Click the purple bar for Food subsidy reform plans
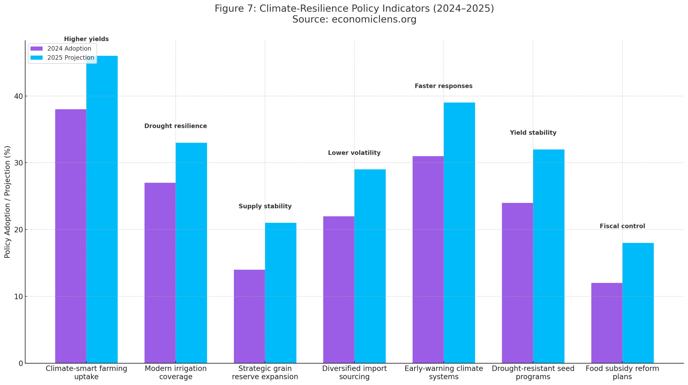pos(607,322)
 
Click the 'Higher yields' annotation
pos(86,39)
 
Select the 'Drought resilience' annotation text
pos(175,126)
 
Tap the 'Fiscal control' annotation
pos(622,226)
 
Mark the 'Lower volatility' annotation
pos(354,153)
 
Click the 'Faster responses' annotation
pos(443,86)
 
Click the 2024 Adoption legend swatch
pos(37,49)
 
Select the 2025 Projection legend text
pos(71,58)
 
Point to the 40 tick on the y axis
pos(19,96)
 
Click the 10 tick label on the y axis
pos(19,296)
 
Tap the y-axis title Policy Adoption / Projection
pos(7,202)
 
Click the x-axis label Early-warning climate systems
pos(443,372)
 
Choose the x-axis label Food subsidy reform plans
pos(622,372)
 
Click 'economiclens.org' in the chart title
pos(374,19)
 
